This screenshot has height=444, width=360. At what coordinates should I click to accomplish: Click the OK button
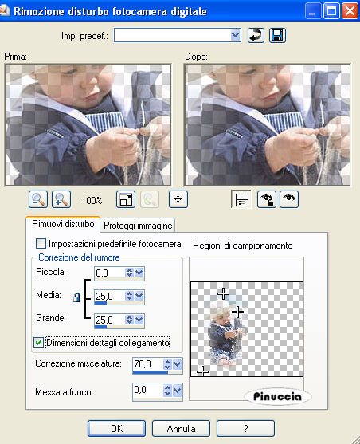tap(116, 428)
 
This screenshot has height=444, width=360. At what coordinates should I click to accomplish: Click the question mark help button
tap(245, 428)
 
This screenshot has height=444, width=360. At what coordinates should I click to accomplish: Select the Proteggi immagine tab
tap(138, 226)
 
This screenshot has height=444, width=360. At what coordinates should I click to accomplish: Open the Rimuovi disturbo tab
tap(63, 224)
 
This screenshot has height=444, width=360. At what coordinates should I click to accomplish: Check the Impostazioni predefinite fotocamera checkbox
tap(41, 243)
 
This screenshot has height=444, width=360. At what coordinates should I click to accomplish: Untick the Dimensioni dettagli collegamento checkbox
tap(38, 342)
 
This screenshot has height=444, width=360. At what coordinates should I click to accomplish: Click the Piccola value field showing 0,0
tap(109, 273)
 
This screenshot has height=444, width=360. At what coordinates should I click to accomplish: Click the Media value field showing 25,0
tap(109, 297)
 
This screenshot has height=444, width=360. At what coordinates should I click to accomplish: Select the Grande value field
tap(109, 320)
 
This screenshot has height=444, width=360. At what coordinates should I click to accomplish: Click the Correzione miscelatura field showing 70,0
tap(147, 364)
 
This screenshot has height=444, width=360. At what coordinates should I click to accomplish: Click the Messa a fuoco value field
tap(147, 391)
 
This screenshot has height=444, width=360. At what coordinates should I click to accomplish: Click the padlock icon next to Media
tap(76, 297)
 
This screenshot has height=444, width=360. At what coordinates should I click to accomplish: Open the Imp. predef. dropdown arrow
tap(235, 35)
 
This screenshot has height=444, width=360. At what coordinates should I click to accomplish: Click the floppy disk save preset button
tap(277, 35)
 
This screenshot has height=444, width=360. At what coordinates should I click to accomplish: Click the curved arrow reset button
tap(256, 35)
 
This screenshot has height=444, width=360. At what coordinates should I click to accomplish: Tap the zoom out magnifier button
tap(38, 199)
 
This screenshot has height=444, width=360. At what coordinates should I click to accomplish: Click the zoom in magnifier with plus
tap(61, 199)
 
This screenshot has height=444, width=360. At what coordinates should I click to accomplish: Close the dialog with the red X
tap(350, 11)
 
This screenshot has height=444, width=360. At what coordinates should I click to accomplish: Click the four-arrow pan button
tap(178, 199)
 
